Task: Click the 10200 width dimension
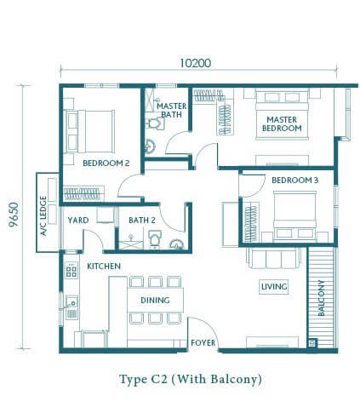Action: [196, 63]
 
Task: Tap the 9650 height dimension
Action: [14, 215]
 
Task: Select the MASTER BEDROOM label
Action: [282, 123]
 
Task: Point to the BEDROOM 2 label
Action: [106, 163]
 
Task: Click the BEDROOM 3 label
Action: [295, 180]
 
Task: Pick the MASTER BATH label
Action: [172, 110]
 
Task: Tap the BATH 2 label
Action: [142, 221]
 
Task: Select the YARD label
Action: [78, 221]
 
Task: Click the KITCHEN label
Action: [104, 267]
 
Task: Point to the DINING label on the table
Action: [155, 300]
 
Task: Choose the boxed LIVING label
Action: [274, 287]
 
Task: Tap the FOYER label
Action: [203, 343]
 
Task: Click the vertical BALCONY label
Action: [321, 298]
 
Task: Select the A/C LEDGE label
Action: [43, 215]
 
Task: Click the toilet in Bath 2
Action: [155, 238]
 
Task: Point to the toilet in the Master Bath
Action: [155, 123]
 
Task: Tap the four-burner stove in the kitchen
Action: [71, 270]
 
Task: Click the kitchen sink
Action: [71, 302]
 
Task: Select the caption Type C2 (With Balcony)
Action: [191, 380]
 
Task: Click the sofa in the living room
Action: [274, 258]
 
